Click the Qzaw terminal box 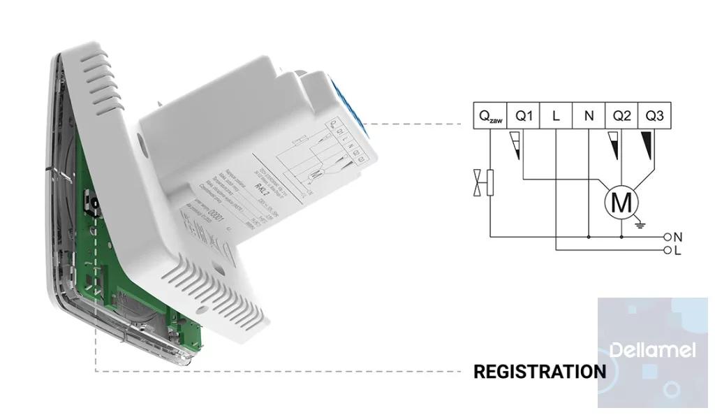pyautogui.click(x=490, y=117)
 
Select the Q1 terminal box pyautogui.click(x=524, y=117)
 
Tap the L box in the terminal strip pyautogui.click(x=556, y=117)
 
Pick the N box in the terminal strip pyautogui.click(x=589, y=117)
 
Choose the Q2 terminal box pyautogui.click(x=621, y=117)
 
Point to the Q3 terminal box pyautogui.click(x=654, y=117)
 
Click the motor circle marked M pyautogui.click(x=621, y=203)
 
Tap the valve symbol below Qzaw pyautogui.click(x=485, y=184)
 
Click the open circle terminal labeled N pyautogui.click(x=668, y=237)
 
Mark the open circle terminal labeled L pyautogui.click(x=668, y=249)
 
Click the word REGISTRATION pyautogui.click(x=540, y=372)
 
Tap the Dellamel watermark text pyautogui.click(x=652, y=349)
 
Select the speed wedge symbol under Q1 pyautogui.click(x=517, y=145)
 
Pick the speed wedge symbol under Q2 pyautogui.click(x=615, y=145)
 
